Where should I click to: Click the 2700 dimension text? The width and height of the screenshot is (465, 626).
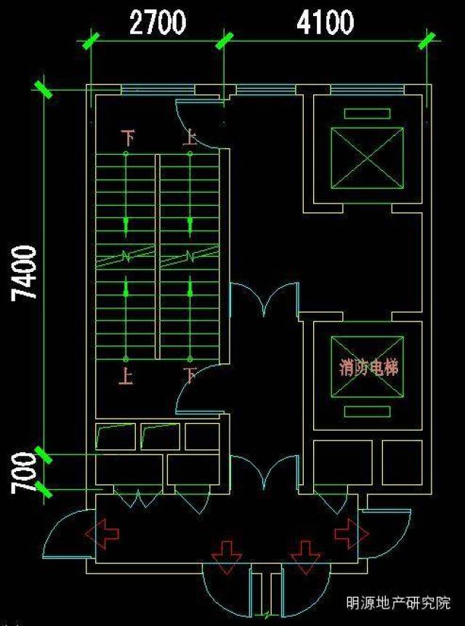coord(157,23)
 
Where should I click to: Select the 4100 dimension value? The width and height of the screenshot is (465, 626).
coord(325,23)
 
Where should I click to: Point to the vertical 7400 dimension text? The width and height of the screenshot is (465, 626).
coord(26,273)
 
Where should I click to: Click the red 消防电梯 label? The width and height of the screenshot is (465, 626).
coord(368,367)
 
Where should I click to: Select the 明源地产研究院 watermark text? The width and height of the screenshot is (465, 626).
coord(398,603)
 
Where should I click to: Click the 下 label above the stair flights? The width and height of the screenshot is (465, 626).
coord(128,137)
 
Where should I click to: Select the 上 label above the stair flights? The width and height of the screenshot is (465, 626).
coord(190,137)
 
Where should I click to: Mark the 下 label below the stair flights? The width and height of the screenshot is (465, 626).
coord(190,376)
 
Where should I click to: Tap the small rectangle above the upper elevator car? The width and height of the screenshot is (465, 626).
coord(366,113)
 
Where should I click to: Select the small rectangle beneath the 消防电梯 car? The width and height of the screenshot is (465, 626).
coord(366,412)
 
